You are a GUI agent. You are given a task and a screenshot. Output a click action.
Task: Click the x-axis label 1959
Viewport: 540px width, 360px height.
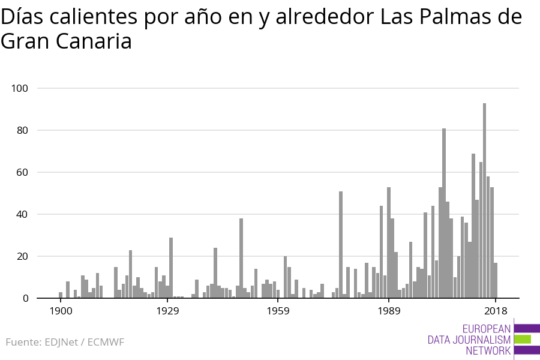278,311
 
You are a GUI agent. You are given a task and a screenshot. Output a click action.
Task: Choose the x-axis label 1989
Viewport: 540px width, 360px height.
389,311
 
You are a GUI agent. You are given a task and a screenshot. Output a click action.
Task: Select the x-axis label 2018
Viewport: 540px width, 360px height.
496,311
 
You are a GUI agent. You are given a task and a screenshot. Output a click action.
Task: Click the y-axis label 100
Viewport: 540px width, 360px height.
20,88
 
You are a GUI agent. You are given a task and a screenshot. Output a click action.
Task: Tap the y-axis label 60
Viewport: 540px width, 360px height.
22,172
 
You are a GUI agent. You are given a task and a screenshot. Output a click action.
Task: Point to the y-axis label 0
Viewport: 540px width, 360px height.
26,298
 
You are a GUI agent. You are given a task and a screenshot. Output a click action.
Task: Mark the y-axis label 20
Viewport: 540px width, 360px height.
22,256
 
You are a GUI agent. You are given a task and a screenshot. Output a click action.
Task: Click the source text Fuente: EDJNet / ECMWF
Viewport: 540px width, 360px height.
65,343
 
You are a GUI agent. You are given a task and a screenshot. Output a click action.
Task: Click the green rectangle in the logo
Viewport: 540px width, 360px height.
523,339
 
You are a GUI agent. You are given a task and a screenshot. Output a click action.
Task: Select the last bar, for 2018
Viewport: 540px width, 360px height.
496,280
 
